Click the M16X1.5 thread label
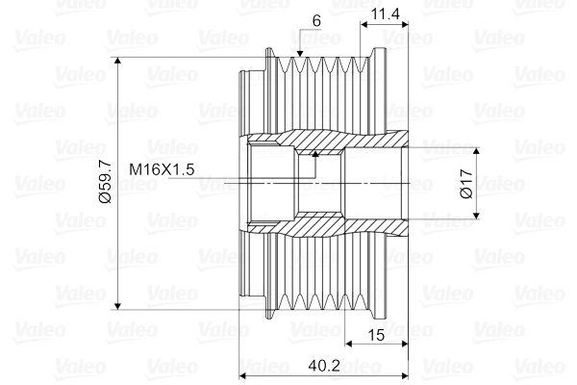point(162,169)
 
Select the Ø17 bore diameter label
point(466,184)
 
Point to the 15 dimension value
point(376,335)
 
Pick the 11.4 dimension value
point(385,14)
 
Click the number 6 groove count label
point(316,21)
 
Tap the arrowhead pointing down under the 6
point(300,54)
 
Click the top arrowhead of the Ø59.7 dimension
point(117,61)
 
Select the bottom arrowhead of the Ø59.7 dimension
point(117,306)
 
